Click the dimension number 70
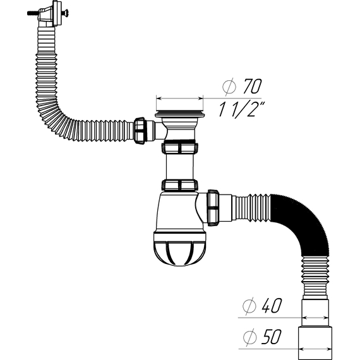point(252,87)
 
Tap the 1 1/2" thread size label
point(241,110)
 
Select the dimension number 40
point(272,306)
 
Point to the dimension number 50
point(271,337)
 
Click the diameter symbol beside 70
point(229,87)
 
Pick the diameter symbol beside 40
point(249,306)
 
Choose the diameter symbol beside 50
point(249,337)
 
